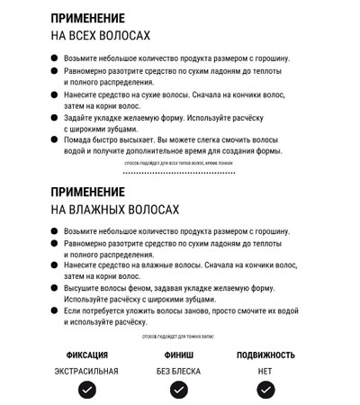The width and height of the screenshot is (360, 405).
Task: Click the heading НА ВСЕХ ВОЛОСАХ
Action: click(x=100, y=35)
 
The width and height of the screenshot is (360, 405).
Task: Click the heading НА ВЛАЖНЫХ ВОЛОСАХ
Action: click(x=114, y=210)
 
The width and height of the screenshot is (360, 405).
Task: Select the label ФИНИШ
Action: click(x=179, y=355)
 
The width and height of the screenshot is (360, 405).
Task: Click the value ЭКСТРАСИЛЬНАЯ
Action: click(x=86, y=371)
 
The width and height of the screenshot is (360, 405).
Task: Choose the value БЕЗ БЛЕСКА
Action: click(x=179, y=371)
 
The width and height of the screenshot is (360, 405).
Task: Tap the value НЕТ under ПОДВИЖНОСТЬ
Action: click(x=265, y=371)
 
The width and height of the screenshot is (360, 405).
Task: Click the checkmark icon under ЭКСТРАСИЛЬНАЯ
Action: click(x=86, y=390)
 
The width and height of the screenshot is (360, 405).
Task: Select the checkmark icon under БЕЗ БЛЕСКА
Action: click(x=179, y=390)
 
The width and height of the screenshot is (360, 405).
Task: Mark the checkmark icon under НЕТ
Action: click(x=265, y=390)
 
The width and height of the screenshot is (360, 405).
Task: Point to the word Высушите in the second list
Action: click(x=84, y=288)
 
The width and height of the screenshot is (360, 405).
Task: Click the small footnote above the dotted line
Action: click(x=180, y=164)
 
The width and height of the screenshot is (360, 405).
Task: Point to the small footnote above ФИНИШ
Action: click(x=179, y=336)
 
